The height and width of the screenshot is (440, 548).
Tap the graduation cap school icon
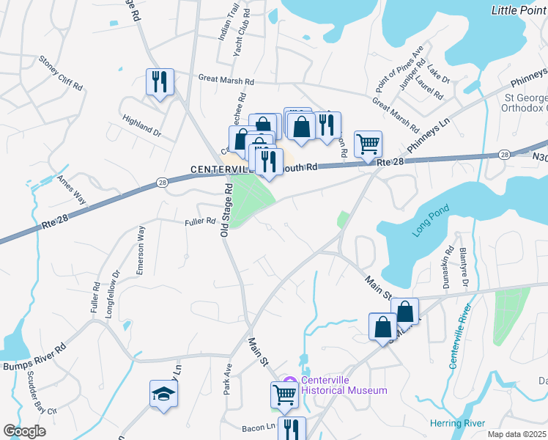(x=164, y=395)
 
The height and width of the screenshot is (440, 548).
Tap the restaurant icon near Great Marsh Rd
(x=159, y=81)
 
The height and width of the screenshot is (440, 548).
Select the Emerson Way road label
(x=140, y=251)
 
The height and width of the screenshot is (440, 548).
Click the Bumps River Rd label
(x=34, y=356)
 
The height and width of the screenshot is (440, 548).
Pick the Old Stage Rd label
(x=227, y=210)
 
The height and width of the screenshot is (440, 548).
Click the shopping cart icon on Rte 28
(x=368, y=143)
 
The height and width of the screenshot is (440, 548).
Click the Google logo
(x=24, y=430)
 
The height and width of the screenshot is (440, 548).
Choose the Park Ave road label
(x=228, y=375)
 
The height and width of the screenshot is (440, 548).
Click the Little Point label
(x=519, y=9)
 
